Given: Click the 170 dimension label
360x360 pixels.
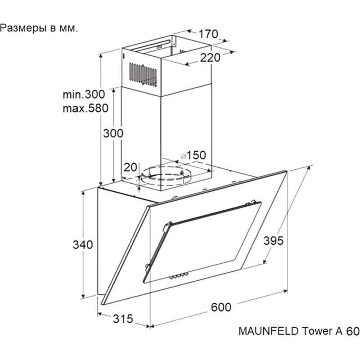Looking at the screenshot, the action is pyautogui.click(x=208, y=34).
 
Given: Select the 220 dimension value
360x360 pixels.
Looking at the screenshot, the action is pyautogui.click(x=210, y=58).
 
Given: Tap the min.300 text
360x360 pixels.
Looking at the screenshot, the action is pyautogui.click(x=84, y=94).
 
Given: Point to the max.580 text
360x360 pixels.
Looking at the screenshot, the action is pyautogui.click(x=85, y=108).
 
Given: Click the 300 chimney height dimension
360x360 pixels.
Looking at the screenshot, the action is pyautogui.click(x=113, y=133).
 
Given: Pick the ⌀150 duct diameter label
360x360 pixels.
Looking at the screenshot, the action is pyautogui.click(x=193, y=155).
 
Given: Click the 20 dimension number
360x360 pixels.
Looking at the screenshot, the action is pyautogui.click(x=130, y=167).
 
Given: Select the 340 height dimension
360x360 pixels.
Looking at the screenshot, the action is pyautogui.click(x=83, y=244).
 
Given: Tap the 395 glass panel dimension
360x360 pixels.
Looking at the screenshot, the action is pyautogui.click(x=274, y=241).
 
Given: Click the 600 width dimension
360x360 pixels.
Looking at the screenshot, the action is pyautogui.click(x=221, y=307).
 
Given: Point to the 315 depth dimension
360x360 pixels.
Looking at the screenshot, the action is pyautogui.click(x=123, y=319).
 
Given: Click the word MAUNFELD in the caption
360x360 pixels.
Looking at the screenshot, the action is pyautogui.click(x=269, y=331).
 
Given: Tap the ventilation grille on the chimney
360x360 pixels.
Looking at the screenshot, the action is pyautogui.click(x=143, y=75).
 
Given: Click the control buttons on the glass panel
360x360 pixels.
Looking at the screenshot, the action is pyautogui.click(x=179, y=276).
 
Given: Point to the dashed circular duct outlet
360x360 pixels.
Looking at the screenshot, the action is pyautogui.click(x=166, y=176).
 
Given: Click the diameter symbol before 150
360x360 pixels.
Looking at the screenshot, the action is pyautogui.click(x=184, y=156).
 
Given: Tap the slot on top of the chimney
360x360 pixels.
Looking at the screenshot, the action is pyautogui.click(x=153, y=45).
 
